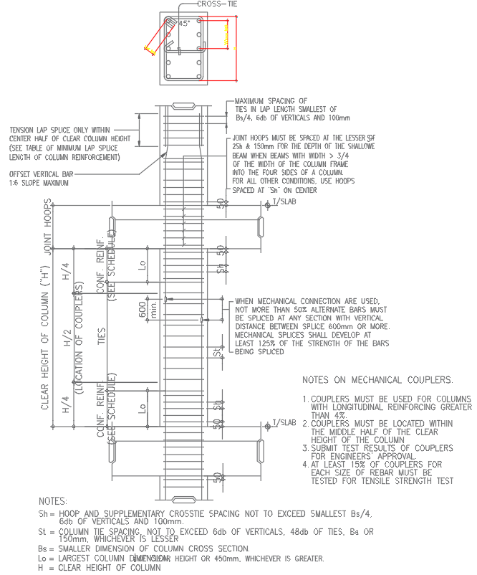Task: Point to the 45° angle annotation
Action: click(x=184, y=24)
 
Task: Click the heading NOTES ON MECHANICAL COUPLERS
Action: click(x=377, y=379)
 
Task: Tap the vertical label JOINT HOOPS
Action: click(x=49, y=231)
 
